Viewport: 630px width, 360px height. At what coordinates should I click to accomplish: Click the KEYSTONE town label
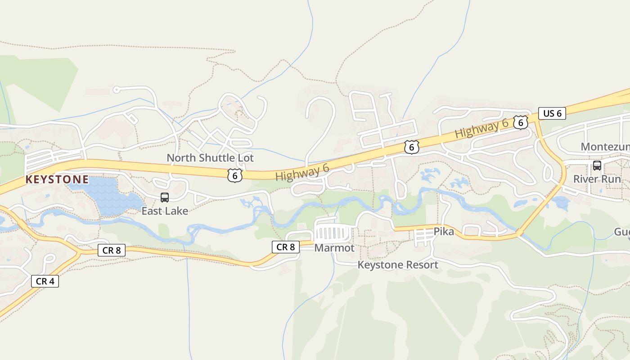coord(57,180)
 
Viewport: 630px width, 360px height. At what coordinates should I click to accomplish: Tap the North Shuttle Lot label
coord(210,158)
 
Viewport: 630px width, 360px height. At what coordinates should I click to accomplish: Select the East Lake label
coord(165,211)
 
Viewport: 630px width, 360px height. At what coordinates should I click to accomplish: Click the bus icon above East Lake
coord(165,197)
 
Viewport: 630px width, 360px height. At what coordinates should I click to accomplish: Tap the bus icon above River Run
coord(597,165)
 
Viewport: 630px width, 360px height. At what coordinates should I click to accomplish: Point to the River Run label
coord(597,179)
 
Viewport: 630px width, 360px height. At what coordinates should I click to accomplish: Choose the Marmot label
coord(334,248)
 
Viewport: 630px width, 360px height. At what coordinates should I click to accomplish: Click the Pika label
coord(444,232)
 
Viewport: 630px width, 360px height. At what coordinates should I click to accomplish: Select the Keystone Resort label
coord(398,265)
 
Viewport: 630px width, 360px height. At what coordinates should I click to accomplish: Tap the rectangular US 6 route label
coord(552,113)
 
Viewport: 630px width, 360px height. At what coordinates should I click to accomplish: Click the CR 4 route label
coord(45,281)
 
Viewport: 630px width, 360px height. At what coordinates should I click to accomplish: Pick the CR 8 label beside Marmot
coord(286,247)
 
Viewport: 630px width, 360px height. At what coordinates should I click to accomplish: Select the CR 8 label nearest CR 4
coord(112,250)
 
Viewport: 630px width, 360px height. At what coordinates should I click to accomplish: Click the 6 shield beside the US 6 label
coord(521,122)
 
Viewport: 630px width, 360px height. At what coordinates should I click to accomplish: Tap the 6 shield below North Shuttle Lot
coord(235,175)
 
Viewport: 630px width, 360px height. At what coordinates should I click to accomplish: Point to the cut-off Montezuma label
coord(605,147)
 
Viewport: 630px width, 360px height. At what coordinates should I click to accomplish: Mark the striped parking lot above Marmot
coord(334,234)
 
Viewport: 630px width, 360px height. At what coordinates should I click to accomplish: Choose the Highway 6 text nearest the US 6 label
coord(481,128)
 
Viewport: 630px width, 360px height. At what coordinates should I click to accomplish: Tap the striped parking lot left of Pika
coord(423,236)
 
